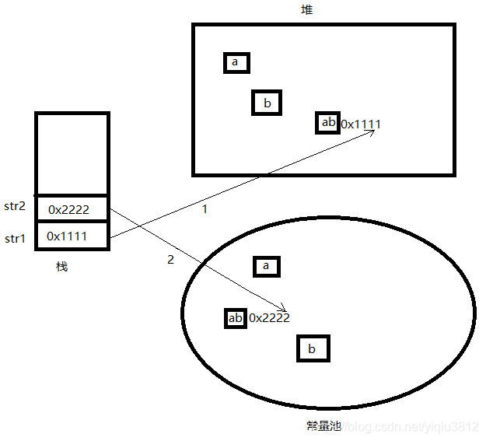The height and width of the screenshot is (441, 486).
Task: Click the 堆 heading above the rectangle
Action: [x=306, y=10]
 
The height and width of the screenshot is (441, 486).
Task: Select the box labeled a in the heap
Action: [x=236, y=62]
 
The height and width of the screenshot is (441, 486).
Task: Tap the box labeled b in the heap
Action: [x=267, y=103]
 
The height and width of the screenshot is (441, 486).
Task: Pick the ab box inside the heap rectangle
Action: [x=328, y=123]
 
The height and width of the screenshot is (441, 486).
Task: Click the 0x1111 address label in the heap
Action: [x=361, y=124]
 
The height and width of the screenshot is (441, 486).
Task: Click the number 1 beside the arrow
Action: [x=205, y=209]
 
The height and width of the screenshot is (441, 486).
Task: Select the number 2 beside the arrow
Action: [x=171, y=260]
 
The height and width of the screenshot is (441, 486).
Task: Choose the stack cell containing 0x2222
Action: [x=72, y=208]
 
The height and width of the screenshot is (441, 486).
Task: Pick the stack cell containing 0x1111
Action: [x=72, y=236]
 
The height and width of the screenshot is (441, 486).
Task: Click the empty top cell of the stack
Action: [x=72, y=154]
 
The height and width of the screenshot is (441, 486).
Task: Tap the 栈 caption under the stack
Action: [x=62, y=267]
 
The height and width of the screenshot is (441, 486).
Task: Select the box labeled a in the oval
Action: [x=266, y=266]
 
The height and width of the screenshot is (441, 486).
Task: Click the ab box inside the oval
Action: [x=235, y=317]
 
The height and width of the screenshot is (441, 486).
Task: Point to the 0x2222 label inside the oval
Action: [x=269, y=317]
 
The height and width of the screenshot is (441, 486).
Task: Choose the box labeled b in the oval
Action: [x=312, y=348]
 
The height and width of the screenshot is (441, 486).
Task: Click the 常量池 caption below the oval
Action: [x=323, y=426]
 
